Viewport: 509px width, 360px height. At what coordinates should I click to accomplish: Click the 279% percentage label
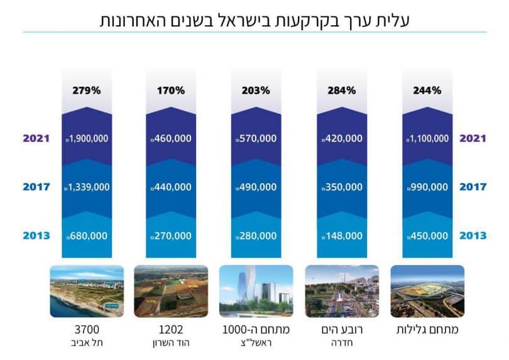[x=86, y=90]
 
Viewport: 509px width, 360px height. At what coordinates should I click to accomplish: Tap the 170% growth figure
[x=171, y=90]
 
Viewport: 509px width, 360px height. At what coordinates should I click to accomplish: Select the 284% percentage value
[x=342, y=90]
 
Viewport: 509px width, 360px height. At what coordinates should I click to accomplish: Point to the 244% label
[x=427, y=90]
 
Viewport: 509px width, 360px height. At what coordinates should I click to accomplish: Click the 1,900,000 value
[x=89, y=138]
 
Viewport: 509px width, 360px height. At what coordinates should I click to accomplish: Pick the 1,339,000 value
[x=89, y=187]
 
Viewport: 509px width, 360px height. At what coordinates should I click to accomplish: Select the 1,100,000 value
[x=428, y=138]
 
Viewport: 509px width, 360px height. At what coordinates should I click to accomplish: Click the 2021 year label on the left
[x=35, y=138]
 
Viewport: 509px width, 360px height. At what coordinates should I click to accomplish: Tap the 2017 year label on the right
[x=473, y=187]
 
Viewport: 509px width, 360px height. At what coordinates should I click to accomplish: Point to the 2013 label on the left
[x=35, y=236]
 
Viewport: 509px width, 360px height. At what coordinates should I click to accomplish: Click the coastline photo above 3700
[x=87, y=291]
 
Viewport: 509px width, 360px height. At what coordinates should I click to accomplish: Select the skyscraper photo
[x=256, y=291]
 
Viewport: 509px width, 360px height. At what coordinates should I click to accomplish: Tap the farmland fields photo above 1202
[x=171, y=291]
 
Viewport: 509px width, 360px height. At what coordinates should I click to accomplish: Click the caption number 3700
[x=87, y=329]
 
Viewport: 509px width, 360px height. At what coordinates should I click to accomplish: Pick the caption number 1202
[x=171, y=329]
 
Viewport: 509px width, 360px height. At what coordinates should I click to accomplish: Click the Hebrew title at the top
[x=255, y=19]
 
